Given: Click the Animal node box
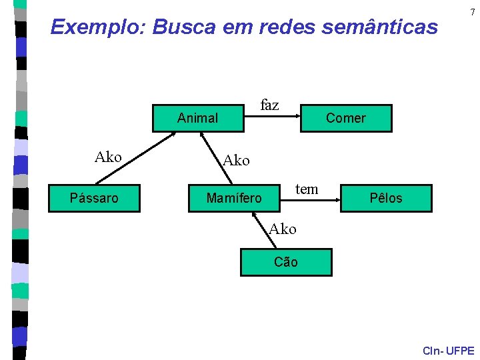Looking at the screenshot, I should pos(198,118).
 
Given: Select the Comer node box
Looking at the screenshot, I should pos(346,118).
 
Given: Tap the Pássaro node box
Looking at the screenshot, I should pos(94,198).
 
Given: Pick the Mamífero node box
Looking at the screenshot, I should pos(234,198).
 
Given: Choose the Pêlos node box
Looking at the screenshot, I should pos(386,198).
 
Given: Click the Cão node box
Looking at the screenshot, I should pos(286,262).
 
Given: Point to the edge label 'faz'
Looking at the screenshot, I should pos(269,105).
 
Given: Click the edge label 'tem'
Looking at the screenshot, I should pos(307,189).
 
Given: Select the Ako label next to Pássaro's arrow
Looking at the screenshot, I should pos(108,157).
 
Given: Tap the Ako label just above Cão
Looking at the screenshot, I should pos(283,229).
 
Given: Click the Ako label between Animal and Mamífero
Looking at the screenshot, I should pos(236,161).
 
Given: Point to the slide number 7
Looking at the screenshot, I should pos(472,13).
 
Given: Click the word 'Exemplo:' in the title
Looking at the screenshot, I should pos(99,27).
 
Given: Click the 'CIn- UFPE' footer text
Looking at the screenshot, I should pos(449,351).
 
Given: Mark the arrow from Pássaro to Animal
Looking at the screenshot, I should pos(137,157).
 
